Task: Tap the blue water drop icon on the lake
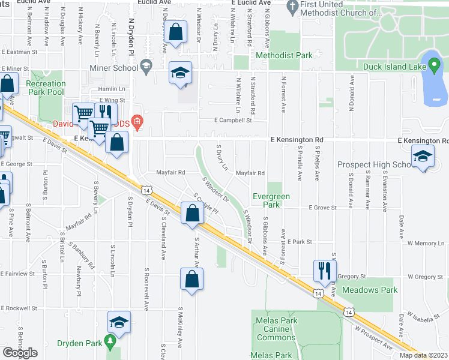click(x=433, y=65)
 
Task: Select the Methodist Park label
click(x=284, y=56)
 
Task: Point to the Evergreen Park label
click(x=271, y=200)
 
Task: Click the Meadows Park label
click(x=370, y=290)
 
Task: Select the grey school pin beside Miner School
click(x=145, y=65)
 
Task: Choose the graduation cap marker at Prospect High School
click(x=423, y=157)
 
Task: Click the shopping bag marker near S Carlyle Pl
click(x=191, y=214)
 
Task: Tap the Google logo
click(x=20, y=353)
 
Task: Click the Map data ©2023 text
click(x=423, y=355)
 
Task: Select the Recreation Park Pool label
click(x=45, y=88)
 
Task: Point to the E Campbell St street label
click(x=234, y=120)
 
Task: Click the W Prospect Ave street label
click(x=373, y=339)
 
